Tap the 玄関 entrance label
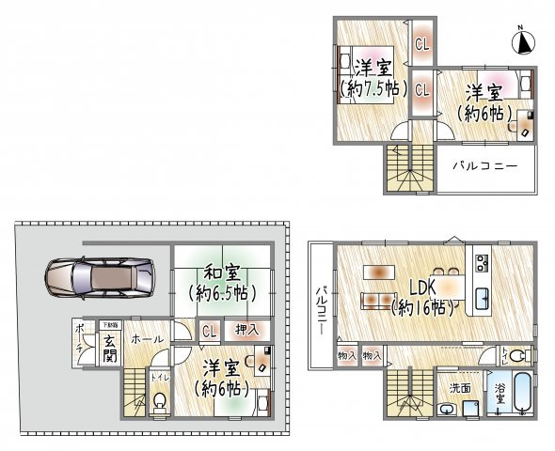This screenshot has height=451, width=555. (x=110, y=348)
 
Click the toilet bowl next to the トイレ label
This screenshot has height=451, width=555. (x=161, y=402)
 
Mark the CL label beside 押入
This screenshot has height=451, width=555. (x=209, y=330)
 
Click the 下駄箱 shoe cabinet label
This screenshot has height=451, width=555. (x=110, y=324)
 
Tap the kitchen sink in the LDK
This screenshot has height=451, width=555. (x=482, y=298)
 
